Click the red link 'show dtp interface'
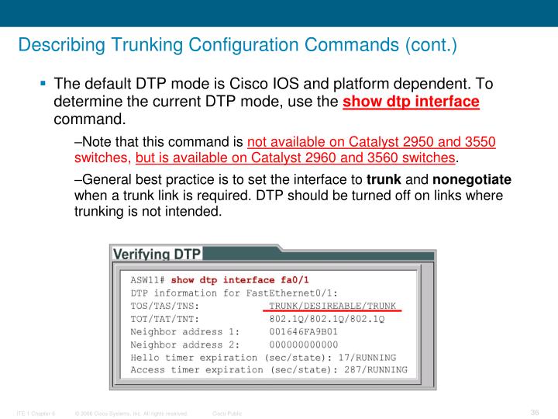tap(411, 102)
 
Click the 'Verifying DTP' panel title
tap(157, 255)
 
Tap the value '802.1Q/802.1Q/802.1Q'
tap(326, 318)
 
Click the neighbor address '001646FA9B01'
tap(303, 331)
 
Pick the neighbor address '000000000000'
tap(303, 345)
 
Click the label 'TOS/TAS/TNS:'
tap(165, 306)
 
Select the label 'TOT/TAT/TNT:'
tap(165, 318)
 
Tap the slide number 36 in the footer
tap(534, 411)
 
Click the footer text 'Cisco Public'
tap(227, 414)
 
